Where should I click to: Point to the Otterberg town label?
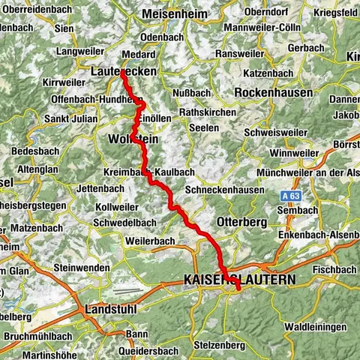click(x=241, y=222)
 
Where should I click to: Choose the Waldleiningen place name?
click(x=315, y=327)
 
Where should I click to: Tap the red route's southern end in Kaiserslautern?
click(x=238, y=288)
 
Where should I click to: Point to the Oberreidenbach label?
click(x=33, y=9)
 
